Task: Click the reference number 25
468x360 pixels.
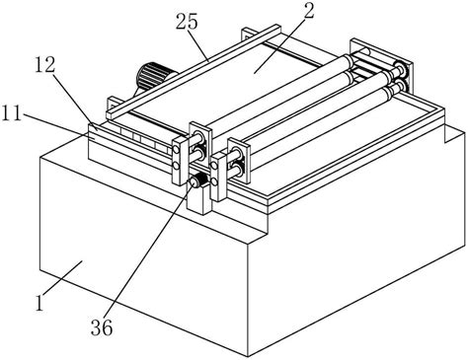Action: coord(187,22)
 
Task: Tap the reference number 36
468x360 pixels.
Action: coord(102,327)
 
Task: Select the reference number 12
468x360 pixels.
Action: coord(45,65)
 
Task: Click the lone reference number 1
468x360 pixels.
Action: coord(39,303)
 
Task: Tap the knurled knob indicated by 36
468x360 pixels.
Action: coord(197,180)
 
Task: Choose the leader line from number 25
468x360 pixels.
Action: coord(197,45)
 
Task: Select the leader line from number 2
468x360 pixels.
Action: coord(279,44)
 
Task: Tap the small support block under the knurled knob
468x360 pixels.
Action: coord(199,199)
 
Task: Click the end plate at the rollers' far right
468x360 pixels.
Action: coord(381,65)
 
